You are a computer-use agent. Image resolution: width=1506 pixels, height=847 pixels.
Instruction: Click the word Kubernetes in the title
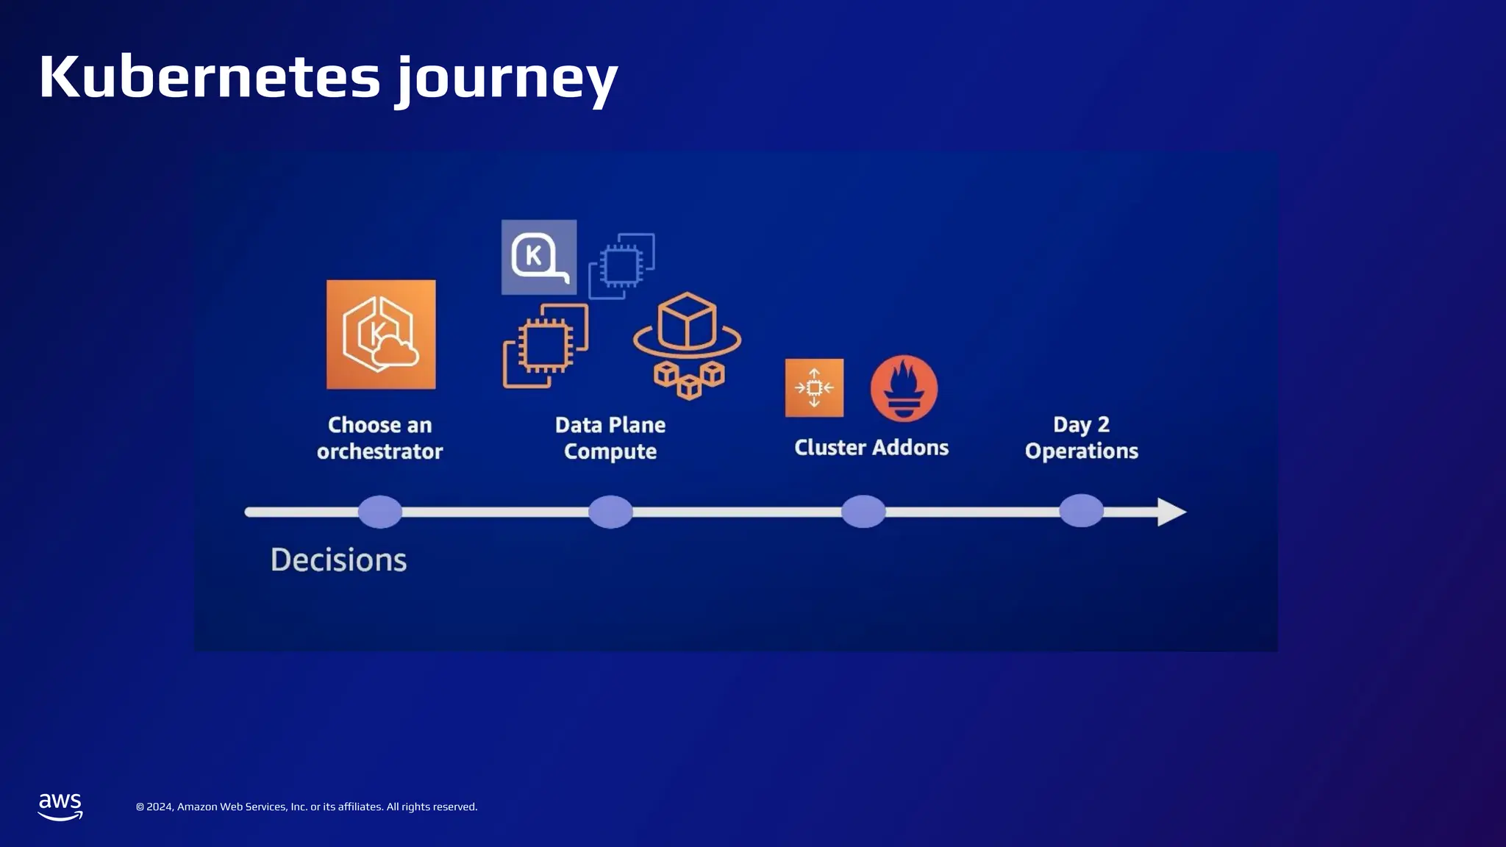click(x=210, y=77)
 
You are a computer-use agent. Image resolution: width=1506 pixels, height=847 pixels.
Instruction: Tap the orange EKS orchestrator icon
click(x=381, y=335)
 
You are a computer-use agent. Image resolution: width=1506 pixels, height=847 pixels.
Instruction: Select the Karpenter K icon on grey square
click(x=539, y=257)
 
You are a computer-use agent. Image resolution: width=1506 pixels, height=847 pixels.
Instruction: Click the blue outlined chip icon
click(x=622, y=266)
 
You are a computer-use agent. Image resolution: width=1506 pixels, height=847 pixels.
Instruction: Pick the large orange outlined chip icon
click(x=546, y=346)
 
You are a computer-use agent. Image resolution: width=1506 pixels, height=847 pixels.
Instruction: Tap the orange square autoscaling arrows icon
click(x=814, y=387)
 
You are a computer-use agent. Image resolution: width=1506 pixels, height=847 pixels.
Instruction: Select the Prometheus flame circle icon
click(x=904, y=388)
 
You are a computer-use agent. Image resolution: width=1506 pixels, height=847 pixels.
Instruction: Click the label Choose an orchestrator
click(x=379, y=438)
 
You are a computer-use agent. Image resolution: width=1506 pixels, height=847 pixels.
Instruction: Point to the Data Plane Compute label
click(x=610, y=438)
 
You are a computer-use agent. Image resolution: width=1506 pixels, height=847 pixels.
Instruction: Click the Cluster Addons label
click(x=871, y=448)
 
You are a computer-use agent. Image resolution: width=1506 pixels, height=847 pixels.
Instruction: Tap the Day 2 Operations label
click(x=1081, y=437)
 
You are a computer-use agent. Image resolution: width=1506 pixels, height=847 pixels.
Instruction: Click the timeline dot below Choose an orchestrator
click(x=380, y=512)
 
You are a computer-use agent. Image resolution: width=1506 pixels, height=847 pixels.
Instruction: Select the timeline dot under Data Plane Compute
click(x=610, y=512)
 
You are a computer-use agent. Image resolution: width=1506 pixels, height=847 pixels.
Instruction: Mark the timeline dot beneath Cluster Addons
click(x=863, y=512)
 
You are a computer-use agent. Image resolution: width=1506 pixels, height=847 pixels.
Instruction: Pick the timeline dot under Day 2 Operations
click(x=1081, y=511)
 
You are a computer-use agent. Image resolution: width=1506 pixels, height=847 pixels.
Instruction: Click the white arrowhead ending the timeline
click(x=1171, y=512)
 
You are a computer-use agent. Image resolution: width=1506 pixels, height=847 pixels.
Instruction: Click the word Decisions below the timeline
click(x=338, y=560)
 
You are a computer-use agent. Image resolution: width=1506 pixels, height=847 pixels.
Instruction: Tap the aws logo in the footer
click(x=60, y=807)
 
